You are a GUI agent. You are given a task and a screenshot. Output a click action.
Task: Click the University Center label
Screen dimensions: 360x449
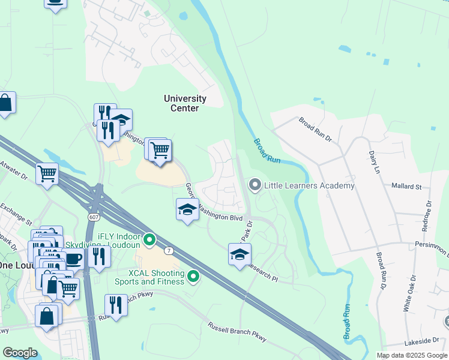click(185, 103)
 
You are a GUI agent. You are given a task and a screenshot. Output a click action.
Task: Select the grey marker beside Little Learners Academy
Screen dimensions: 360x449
click(255, 185)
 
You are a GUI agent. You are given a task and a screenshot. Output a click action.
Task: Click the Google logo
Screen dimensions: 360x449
click(20, 352)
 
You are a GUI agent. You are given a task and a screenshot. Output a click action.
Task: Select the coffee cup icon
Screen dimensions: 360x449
click(74, 259)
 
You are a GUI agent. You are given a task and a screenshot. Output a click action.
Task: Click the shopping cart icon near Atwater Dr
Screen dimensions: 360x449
click(47, 174)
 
